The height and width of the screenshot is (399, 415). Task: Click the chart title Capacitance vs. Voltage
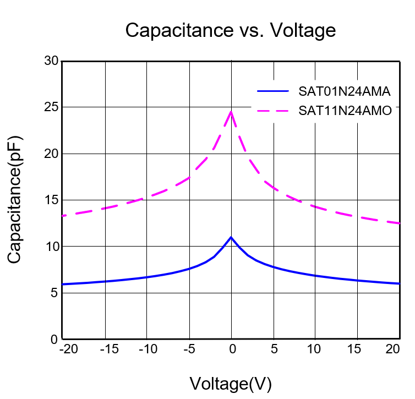coord(230,30)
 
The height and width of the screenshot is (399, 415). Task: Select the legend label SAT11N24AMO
coord(345,111)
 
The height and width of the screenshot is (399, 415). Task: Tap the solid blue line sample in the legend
coord(272,91)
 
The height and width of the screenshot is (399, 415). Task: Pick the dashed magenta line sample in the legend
coord(272,111)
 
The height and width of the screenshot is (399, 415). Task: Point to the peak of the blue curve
coord(231,237)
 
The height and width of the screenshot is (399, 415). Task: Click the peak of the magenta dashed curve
coord(231,112)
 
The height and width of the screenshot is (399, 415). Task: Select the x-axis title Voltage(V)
coord(231,383)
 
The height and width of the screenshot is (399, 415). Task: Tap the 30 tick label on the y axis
coord(51,61)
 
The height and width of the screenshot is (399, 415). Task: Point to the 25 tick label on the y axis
coord(51,107)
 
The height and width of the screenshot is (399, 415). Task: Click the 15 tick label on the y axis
coord(51,200)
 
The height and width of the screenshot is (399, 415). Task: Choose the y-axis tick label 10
coord(51,247)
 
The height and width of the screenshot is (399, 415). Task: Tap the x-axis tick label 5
coord(274,349)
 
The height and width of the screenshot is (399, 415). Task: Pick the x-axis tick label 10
coord(315,349)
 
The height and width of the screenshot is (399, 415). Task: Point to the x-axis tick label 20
coord(393,349)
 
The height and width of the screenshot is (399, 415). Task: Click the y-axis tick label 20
coord(51,154)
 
